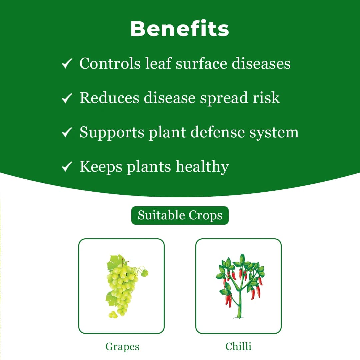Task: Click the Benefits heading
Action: pos(180,29)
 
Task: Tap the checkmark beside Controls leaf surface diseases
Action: pos(67,64)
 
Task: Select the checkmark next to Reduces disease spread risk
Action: pos(67,98)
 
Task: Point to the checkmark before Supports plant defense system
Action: pos(67,133)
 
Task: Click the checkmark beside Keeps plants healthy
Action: pos(67,167)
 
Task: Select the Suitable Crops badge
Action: pos(180,215)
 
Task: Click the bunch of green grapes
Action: pos(122,287)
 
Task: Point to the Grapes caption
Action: pos(122,347)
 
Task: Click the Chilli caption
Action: pos(238,347)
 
